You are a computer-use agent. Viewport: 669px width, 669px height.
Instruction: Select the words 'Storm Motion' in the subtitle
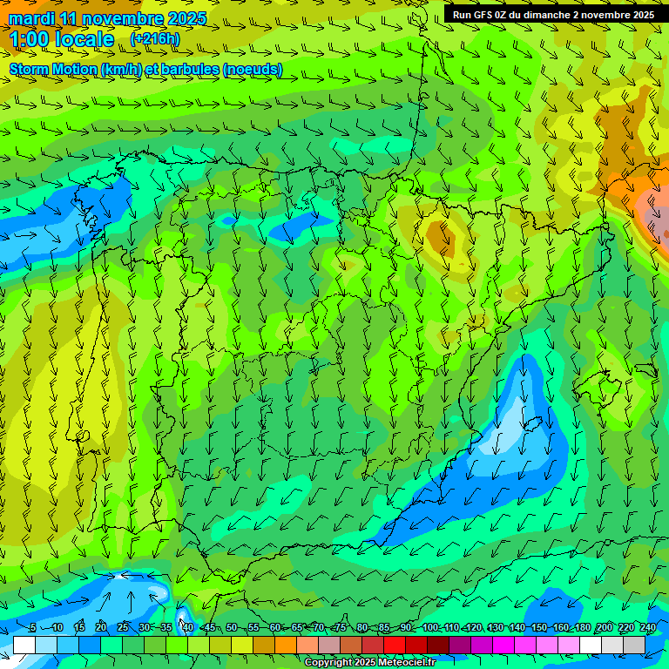(x=52, y=70)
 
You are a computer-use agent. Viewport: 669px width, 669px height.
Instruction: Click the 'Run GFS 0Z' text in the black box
(x=482, y=15)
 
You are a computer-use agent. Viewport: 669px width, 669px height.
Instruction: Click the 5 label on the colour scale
(x=33, y=627)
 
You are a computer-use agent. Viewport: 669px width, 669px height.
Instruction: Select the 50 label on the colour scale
(x=232, y=627)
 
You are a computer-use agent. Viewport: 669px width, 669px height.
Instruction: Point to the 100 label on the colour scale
(x=429, y=627)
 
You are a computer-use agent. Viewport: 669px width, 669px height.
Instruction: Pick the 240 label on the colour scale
(x=647, y=627)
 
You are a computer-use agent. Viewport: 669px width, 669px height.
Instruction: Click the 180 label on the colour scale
(x=582, y=627)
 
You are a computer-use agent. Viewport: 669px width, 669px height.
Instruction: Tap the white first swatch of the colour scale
(x=24, y=645)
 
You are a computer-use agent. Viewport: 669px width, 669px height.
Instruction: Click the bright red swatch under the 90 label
(x=395, y=645)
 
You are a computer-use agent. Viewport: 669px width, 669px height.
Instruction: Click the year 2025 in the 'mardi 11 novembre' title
(x=187, y=18)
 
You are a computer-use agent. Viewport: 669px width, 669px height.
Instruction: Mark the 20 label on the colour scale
(x=101, y=627)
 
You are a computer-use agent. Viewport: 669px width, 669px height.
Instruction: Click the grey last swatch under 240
(x=634, y=645)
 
